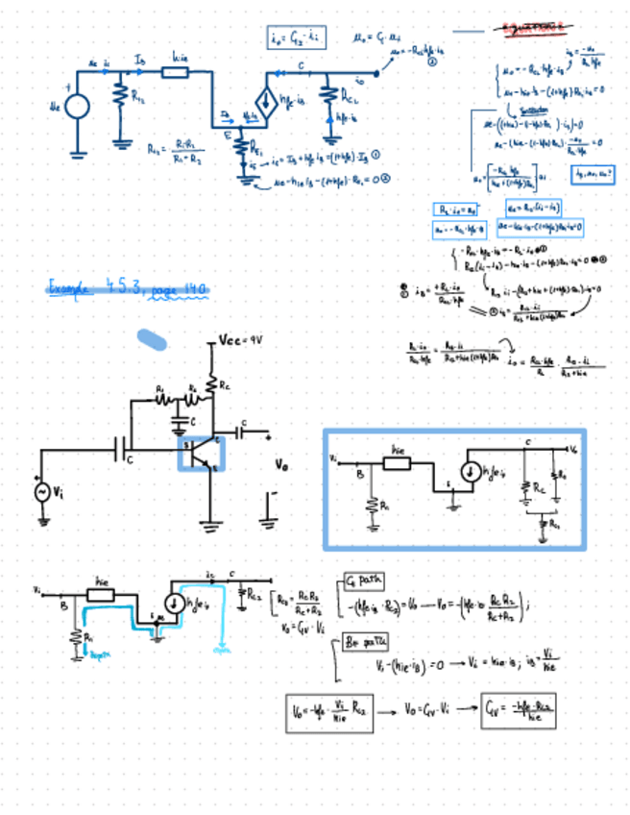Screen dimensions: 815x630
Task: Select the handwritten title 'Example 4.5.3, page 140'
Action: click(x=128, y=289)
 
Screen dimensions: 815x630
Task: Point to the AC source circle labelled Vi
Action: click(x=42, y=490)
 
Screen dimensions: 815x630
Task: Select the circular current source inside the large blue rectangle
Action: click(x=471, y=472)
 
